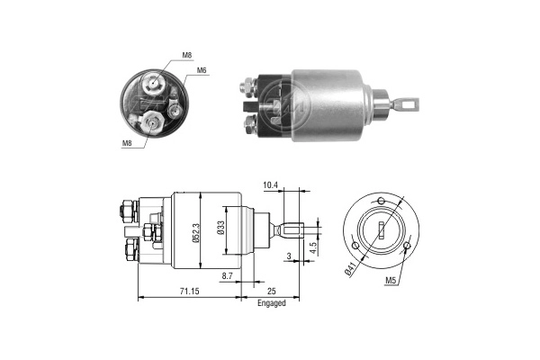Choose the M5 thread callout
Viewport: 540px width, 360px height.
pos(391,281)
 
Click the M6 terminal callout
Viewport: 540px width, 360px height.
pos(202,69)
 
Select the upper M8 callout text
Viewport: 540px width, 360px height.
pos(187,55)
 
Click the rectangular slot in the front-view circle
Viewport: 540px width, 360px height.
pos(382,229)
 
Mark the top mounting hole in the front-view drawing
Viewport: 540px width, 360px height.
pos(382,199)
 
